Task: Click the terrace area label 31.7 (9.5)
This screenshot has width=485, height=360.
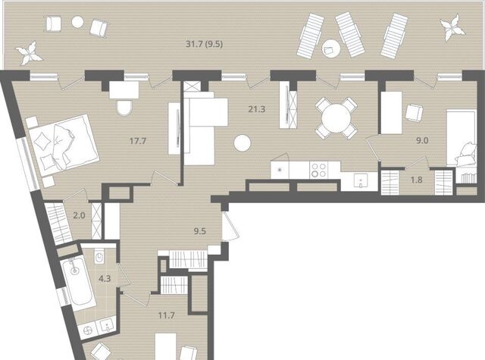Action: coord(204,44)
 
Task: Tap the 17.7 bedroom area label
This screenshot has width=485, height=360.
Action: coord(138,141)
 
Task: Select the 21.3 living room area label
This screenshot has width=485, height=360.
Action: coord(257,109)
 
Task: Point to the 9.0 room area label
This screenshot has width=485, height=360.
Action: coord(422,141)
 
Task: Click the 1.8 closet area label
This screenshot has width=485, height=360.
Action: coord(417,180)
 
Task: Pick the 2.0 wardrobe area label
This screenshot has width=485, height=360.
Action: coord(79,215)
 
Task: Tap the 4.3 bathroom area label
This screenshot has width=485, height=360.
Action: coord(105,279)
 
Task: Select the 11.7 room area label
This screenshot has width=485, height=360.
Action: coord(167,315)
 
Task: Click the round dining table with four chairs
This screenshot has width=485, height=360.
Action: coord(336,118)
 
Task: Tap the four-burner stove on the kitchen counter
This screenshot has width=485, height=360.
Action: coord(319,170)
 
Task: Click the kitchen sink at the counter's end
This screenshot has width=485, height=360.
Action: coord(361,180)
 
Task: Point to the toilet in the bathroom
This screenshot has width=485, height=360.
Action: coord(99,256)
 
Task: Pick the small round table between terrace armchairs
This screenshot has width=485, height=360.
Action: coord(77,22)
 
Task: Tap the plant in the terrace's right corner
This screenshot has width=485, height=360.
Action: coord(452,27)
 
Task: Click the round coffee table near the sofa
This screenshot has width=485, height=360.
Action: coord(242,143)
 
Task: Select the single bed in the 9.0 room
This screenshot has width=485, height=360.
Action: coord(461,138)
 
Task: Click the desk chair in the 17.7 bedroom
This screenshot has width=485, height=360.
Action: coord(124,108)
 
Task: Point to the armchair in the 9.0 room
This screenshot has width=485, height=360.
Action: coord(414,113)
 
